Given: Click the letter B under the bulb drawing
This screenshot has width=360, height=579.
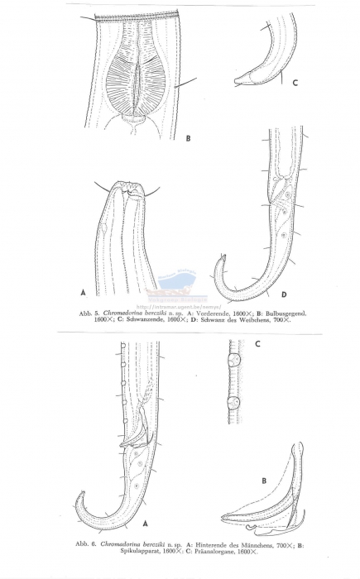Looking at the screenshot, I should click(x=188, y=139).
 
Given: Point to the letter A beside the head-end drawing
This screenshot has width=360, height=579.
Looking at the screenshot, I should click(x=83, y=292).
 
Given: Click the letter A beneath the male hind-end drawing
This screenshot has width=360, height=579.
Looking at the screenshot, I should click(x=147, y=524).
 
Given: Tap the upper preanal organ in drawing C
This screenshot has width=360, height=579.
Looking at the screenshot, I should click(x=233, y=361).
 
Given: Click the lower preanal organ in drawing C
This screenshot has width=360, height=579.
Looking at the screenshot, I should click(x=234, y=405).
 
